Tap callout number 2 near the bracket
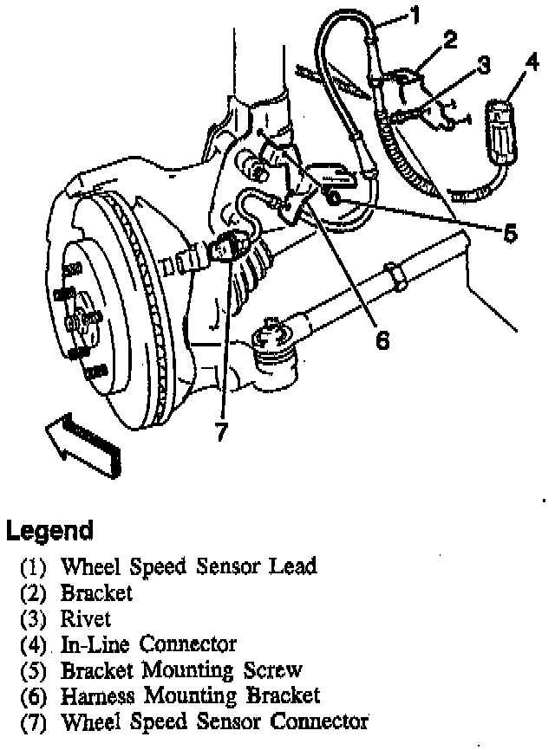coord(448,40)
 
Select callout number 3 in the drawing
coord(481,65)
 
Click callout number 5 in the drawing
coord(510,231)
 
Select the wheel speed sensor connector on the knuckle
coord(226,250)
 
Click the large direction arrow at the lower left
coord(82,443)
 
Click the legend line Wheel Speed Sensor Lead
coord(188,567)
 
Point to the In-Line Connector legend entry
coord(148,644)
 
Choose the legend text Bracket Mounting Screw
coord(181,669)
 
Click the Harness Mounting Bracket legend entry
coord(190,695)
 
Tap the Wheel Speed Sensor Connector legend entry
coord(214,721)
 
